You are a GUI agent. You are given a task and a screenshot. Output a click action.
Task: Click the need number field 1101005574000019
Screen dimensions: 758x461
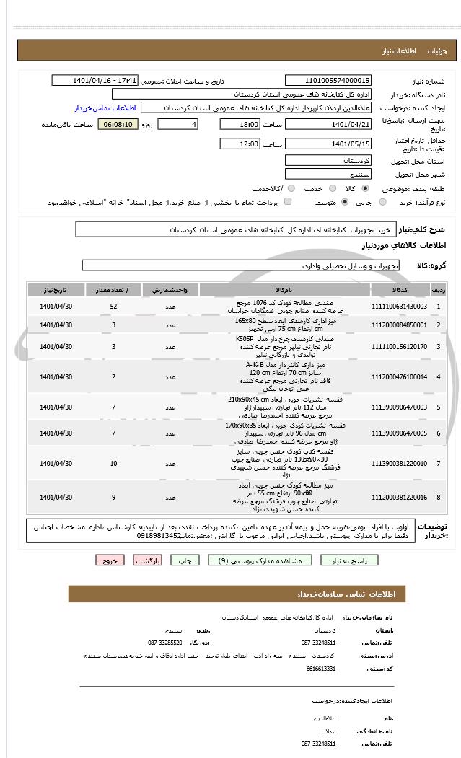click(328, 80)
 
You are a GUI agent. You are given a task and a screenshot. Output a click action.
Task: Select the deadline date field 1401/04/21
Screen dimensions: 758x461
click(328, 124)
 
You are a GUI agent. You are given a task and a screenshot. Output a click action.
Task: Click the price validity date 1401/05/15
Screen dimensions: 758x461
click(328, 144)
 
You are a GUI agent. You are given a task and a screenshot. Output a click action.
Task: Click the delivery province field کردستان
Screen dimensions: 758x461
click(328, 160)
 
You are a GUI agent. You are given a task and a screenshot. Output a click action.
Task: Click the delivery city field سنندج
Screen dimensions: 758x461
click(328, 174)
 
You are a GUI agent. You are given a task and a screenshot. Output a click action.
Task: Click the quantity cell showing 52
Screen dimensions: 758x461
click(114, 306)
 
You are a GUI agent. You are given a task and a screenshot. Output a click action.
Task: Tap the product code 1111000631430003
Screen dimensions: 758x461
click(399, 306)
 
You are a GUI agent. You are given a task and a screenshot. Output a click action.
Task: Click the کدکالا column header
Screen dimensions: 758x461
click(399, 289)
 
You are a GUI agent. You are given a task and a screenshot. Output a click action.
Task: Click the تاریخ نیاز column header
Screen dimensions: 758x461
click(56, 289)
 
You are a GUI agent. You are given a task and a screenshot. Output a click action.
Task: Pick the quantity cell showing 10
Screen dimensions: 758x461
click(114, 462)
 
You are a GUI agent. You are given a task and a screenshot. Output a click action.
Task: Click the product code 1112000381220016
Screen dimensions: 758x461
click(399, 497)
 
